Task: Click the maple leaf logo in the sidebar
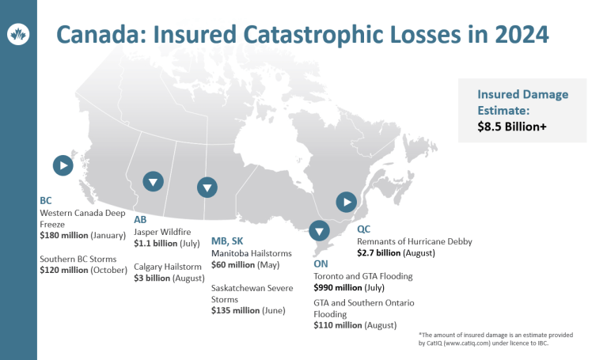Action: pos(17,35)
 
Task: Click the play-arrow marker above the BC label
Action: pos(63,165)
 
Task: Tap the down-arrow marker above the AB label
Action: pos(154,181)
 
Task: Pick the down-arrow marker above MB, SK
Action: pos(207,188)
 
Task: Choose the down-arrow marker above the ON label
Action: pos(319,231)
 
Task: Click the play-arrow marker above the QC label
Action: pos(346,202)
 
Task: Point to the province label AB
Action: pos(141,219)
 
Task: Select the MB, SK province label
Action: pos(227,241)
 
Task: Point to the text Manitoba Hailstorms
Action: pos(252,253)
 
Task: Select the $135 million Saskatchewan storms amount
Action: pos(236,311)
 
